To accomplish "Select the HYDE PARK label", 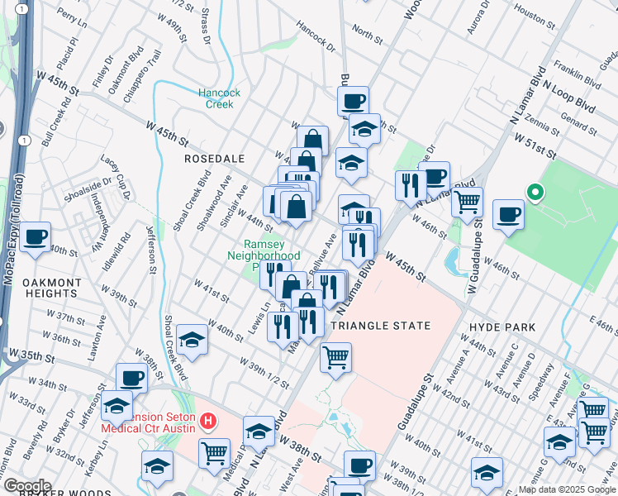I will pyautogui.click(x=502, y=327).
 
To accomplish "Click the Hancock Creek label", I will pyautogui.click(x=219, y=98).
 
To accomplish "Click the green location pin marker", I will pyautogui.click(x=535, y=193).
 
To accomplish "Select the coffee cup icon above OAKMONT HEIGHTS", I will pyautogui.click(x=36, y=237).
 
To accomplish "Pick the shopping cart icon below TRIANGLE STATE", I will pyautogui.click(x=335, y=357).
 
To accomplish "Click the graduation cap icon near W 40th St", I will pyautogui.click(x=192, y=340).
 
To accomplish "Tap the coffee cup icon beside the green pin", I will pyautogui.click(x=508, y=214).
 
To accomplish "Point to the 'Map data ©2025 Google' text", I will pyautogui.click(x=567, y=489).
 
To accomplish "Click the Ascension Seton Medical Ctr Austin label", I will pyautogui.click(x=149, y=422).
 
